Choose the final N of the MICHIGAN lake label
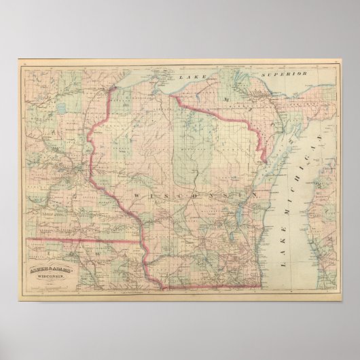click(304, 143)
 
